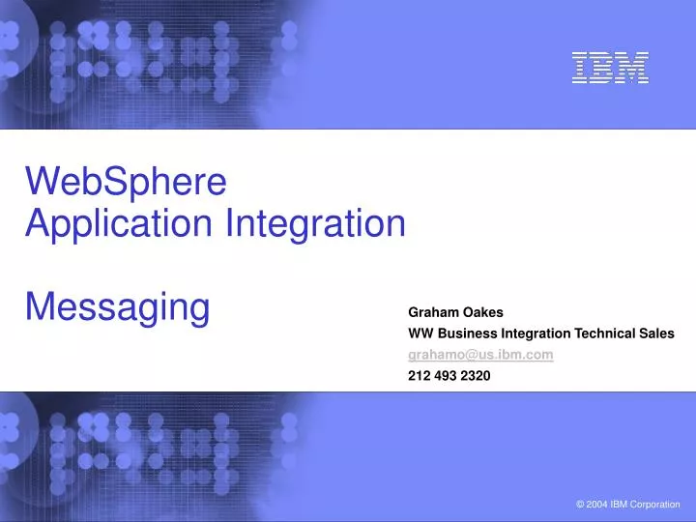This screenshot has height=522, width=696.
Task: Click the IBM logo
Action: click(609, 68)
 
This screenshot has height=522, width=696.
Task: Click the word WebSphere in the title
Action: click(126, 181)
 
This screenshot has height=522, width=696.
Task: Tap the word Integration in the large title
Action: click(315, 224)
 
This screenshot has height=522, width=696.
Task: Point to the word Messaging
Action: click(117, 307)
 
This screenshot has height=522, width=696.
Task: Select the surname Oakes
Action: click(482, 312)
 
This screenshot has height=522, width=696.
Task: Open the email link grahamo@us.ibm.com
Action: click(480, 355)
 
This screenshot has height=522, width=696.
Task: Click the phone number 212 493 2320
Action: click(449, 376)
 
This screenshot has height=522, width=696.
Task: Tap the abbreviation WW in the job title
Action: click(420, 333)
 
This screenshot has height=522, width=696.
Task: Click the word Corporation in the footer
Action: click(655, 505)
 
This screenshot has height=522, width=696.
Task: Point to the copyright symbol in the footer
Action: click(579, 505)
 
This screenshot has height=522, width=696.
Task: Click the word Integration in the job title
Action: click(533, 333)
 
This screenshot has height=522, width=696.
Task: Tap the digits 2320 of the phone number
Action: click(475, 376)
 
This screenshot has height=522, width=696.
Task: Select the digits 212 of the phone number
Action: click(420, 376)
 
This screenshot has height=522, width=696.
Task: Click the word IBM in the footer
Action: click(620, 505)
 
